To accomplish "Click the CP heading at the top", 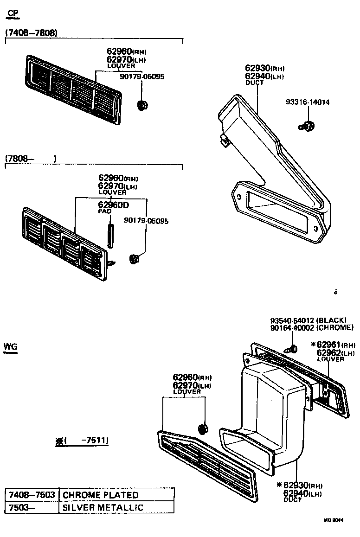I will [x=13, y=13].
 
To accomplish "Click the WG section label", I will [x=10, y=346].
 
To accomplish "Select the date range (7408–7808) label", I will [x=31, y=33].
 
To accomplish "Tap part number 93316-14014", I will [x=308, y=102].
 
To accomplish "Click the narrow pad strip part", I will [x=111, y=236].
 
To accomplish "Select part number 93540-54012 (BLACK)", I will [x=308, y=320].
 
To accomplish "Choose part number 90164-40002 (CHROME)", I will [x=311, y=328].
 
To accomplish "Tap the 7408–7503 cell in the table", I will [x=32, y=495].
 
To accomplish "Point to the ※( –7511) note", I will [x=83, y=441].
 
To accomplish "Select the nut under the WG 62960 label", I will [x=203, y=428].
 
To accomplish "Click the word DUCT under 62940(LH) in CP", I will [x=254, y=83].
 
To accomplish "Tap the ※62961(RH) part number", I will [x=333, y=345].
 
